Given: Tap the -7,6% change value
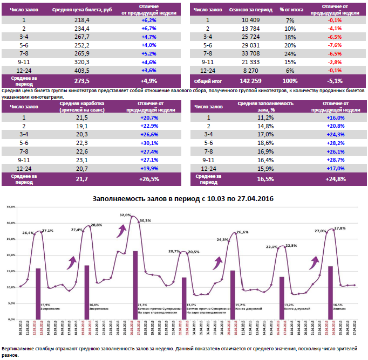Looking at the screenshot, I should (336, 45).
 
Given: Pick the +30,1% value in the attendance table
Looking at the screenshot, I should (148, 143).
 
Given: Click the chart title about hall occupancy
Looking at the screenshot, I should (183, 199).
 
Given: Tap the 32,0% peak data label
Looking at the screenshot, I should (125, 214).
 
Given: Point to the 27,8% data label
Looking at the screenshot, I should (340, 228).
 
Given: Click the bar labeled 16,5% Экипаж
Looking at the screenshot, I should (330, 292).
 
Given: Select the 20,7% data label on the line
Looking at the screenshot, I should (174, 251).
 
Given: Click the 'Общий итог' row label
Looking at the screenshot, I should (208, 81).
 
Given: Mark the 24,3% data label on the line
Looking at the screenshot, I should (222, 239).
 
